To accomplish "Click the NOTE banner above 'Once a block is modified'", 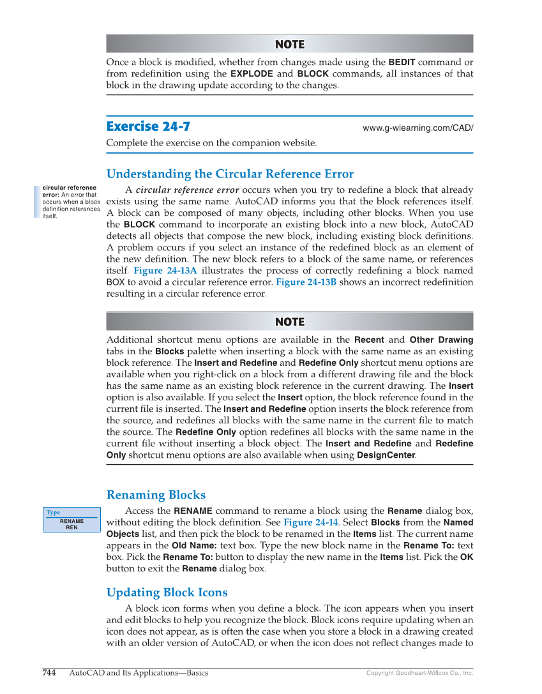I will (289, 44).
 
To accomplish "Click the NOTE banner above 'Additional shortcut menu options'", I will (289, 322).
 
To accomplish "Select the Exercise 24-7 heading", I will (148, 126).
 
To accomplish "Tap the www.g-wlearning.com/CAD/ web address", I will (418, 128).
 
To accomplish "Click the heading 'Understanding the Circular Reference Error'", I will (230, 174).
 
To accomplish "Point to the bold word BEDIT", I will (402, 62).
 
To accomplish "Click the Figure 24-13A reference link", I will (165, 271).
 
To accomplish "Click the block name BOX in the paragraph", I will (115, 282).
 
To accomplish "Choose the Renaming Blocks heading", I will (156, 495).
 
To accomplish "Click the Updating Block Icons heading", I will (167, 592).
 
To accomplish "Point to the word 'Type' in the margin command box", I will (53, 512).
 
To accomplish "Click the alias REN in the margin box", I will (72, 527).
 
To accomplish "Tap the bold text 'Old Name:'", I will (194, 546).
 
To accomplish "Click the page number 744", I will (49, 673).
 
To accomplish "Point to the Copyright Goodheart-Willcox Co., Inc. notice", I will (419, 673).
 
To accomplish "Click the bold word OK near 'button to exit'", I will (467, 557).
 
